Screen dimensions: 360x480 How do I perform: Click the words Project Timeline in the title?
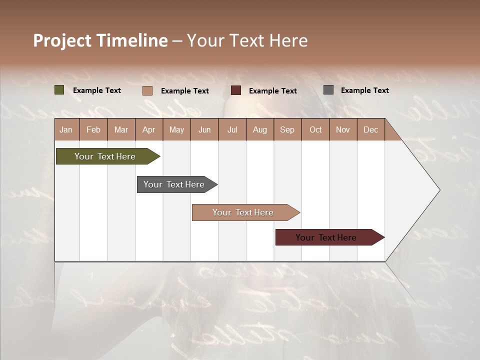(x=100, y=40)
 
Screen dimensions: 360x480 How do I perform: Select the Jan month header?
(x=66, y=129)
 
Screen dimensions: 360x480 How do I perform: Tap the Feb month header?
(x=93, y=129)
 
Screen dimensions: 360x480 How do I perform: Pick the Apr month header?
(x=148, y=129)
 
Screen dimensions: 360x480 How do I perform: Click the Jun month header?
(x=204, y=129)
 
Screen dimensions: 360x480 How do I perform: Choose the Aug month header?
(x=259, y=129)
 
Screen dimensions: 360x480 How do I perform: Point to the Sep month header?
(x=287, y=129)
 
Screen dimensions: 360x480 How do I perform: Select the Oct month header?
(x=315, y=129)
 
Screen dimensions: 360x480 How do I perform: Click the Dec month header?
(x=370, y=129)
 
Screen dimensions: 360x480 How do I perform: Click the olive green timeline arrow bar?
(x=105, y=156)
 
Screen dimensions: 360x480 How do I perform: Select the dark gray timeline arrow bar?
(x=174, y=184)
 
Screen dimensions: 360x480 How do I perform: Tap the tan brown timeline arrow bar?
(x=243, y=212)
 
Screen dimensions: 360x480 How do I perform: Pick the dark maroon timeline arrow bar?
(x=326, y=237)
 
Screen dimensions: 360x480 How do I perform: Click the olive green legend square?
(x=59, y=90)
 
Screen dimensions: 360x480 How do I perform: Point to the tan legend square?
(x=147, y=90)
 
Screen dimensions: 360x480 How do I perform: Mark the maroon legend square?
(x=236, y=90)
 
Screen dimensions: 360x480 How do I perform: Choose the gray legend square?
(x=328, y=90)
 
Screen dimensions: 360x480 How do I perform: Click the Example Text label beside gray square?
(x=364, y=90)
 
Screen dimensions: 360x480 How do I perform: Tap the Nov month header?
(x=343, y=129)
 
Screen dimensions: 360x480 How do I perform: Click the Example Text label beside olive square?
(x=97, y=90)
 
